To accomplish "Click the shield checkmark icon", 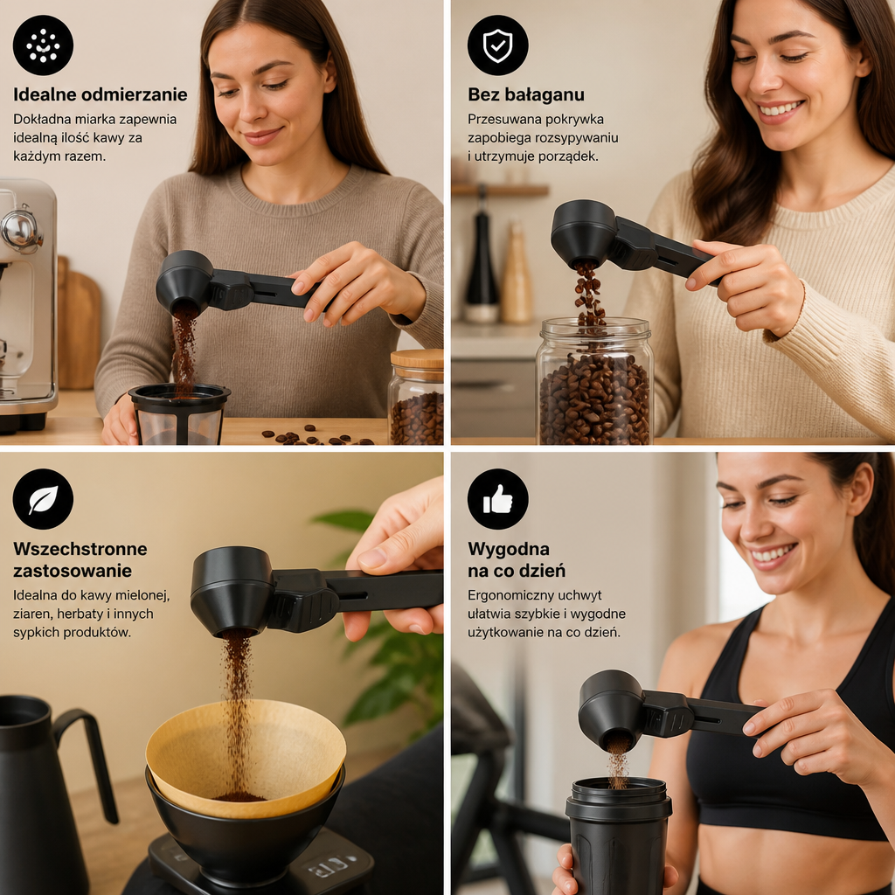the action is (x=497, y=45).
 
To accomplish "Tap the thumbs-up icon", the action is (x=497, y=499).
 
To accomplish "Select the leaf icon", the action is (x=44, y=499).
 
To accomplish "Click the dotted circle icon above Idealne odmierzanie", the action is (x=44, y=45).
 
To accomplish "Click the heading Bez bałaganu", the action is (x=525, y=94).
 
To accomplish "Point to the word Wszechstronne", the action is (x=80, y=549).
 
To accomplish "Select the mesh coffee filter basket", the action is (x=178, y=413).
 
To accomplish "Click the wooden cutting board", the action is (x=79, y=325).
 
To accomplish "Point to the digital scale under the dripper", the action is (x=260, y=864).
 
